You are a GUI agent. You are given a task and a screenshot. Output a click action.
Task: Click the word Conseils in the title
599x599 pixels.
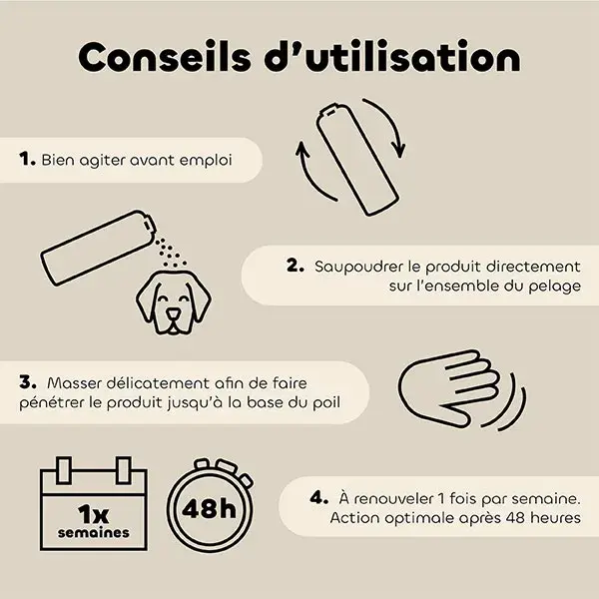(x=165, y=57)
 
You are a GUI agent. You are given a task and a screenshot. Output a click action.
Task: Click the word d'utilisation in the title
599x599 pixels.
(x=392, y=56)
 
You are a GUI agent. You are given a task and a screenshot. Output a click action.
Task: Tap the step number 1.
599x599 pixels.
(x=27, y=159)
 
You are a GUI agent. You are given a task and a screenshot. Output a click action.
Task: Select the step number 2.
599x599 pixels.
(x=296, y=266)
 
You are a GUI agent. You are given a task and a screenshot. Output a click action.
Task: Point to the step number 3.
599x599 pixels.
(x=28, y=381)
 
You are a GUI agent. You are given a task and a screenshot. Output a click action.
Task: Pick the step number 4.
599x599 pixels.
(x=319, y=497)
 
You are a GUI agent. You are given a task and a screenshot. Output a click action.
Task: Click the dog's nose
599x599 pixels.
(x=173, y=313)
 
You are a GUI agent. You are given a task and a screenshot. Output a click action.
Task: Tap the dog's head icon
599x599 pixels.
(x=174, y=302)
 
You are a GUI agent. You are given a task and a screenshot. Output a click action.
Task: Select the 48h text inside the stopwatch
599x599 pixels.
(x=209, y=508)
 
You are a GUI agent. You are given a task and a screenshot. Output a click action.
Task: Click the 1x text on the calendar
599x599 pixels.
(x=93, y=514)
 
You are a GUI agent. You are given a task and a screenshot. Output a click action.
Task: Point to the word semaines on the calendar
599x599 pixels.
(x=94, y=532)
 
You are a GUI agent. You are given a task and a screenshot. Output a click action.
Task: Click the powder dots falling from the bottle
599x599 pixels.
(x=170, y=253)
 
